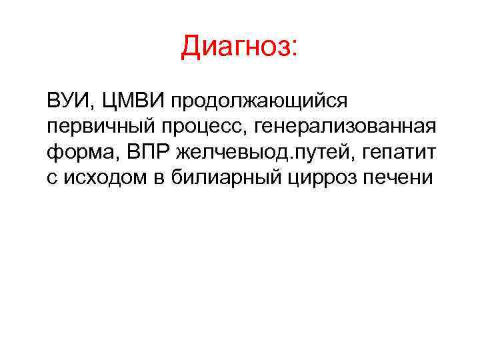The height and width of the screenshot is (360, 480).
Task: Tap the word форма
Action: [x=73, y=153]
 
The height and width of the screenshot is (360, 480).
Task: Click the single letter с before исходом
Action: [x=51, y=178]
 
